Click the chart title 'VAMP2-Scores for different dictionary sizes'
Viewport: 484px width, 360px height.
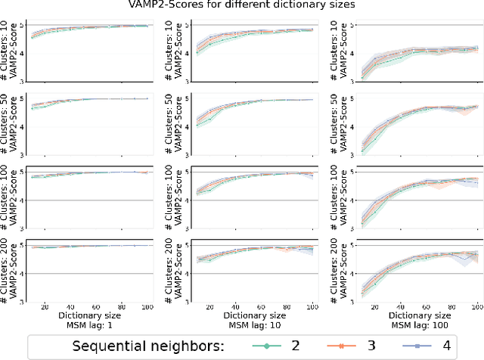242,6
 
